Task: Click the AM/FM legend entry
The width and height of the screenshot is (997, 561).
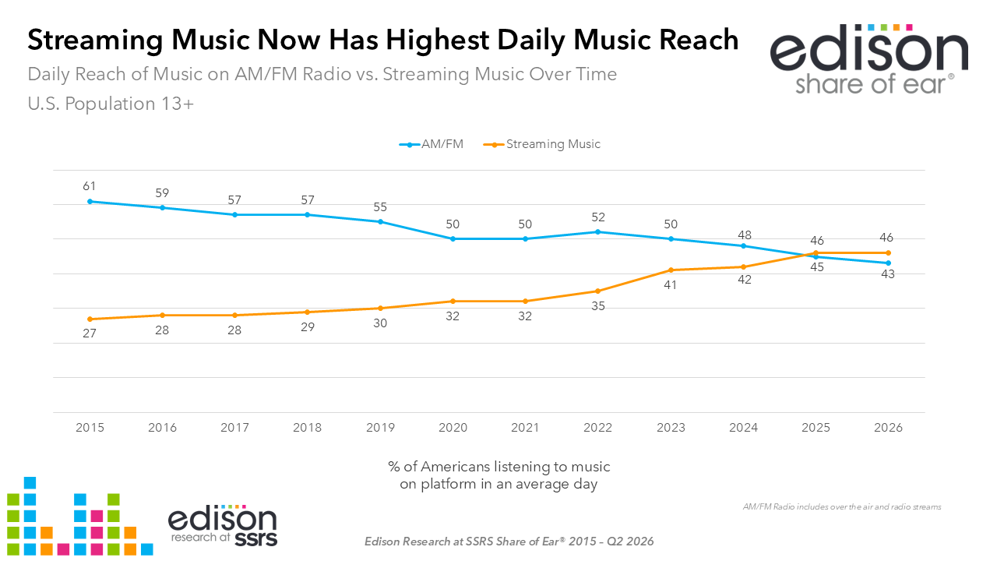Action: pos(432,144)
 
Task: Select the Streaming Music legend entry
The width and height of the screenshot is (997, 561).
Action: pos(541,144)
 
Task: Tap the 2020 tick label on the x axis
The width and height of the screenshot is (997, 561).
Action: pos(453,428)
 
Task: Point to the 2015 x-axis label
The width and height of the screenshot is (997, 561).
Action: pos(90,428)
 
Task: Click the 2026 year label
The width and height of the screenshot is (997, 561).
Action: pos(888,428)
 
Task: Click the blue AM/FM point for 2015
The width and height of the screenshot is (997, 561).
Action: pos(90,201)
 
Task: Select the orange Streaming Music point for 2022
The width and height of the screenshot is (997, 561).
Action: pos(597,291)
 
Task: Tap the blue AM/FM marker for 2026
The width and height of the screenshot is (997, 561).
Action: pos(889,263)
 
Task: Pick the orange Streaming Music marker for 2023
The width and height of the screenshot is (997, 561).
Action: pos(671,270)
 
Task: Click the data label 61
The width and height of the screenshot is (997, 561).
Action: pos(89,186)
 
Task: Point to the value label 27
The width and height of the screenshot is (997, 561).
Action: pos(90,333)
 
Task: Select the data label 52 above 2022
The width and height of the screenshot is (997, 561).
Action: pos(597,217)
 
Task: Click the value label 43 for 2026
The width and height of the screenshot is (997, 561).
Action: pos(888,274)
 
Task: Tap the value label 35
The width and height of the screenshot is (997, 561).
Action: pos(597,306)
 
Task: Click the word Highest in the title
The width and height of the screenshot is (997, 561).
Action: pos(438,40)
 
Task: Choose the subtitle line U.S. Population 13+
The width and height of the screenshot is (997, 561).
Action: pos(111,104)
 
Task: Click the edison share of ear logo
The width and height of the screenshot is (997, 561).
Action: pos(869,59)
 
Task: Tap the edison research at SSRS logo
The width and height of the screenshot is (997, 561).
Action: pos(223,525)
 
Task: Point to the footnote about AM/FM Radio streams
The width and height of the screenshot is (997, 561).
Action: pos(842,506)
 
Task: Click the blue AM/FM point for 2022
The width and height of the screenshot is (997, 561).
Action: pos(597,232)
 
